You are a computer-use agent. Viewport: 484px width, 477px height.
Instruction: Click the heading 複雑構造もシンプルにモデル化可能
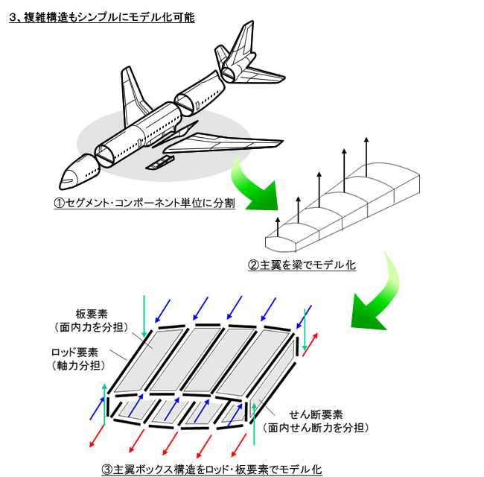tap(109, 17)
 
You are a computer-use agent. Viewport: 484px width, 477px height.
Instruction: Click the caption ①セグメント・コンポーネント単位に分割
tap(144, 203)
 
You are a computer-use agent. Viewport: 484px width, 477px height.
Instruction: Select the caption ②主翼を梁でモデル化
tap(302, 265)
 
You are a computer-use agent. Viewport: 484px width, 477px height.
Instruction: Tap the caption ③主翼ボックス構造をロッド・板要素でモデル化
tap(211, 470)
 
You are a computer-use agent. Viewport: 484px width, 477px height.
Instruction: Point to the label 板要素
tap(92, 314)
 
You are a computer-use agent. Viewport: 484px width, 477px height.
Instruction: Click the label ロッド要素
tap(74, 353)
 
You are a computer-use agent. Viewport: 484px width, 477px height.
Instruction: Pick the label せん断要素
tap(316, 414)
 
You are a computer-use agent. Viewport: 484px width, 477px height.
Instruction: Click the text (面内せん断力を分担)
tap(316, 428)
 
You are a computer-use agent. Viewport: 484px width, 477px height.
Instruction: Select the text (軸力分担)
tap(78, 366)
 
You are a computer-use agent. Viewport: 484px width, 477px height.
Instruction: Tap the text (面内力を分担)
tap(92, 327)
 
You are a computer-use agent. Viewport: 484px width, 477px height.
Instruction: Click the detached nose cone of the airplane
tap(79, 171)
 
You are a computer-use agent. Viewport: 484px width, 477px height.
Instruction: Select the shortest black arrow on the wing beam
tap(278, 227)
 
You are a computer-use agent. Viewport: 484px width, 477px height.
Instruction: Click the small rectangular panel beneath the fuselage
tap(160, 162)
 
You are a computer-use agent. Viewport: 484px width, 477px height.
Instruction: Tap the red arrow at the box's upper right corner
tap(310, 344)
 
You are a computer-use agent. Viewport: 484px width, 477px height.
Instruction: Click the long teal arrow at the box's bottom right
tap(254, 423)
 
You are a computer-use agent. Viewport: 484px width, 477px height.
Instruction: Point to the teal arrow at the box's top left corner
tap(144, 316)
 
